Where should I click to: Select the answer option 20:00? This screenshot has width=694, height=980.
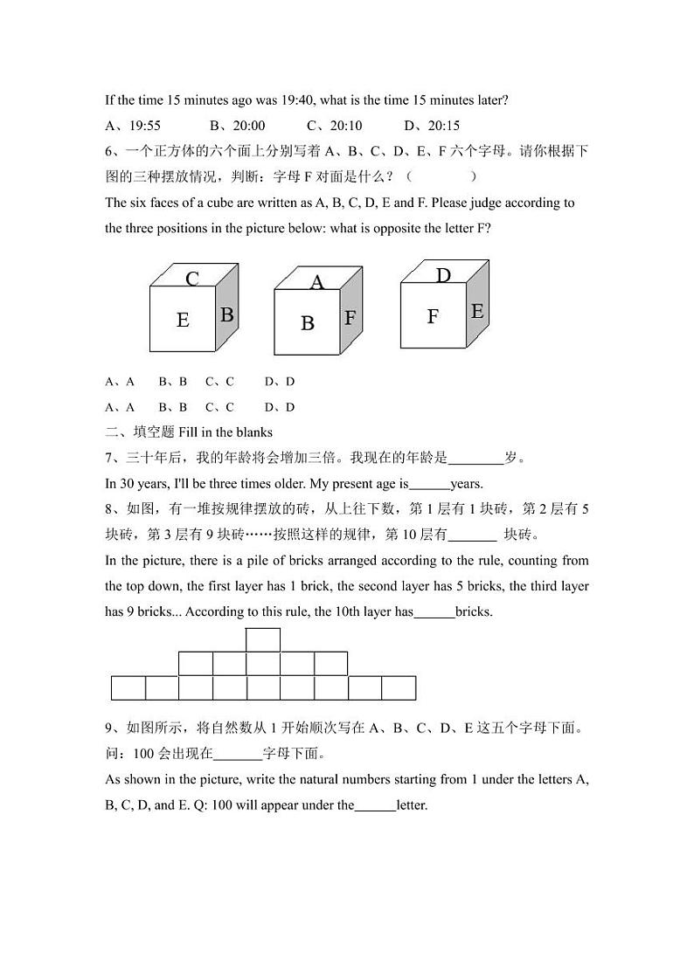click(247, 126)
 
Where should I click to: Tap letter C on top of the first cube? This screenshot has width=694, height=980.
click(192, 279)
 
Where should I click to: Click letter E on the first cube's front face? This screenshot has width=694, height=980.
click(183, 321)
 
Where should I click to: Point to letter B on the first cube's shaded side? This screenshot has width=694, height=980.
click(226, 315)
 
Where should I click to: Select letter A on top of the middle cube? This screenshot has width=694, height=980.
click(317, 282)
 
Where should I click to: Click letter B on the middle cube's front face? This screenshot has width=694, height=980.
click(308, 323)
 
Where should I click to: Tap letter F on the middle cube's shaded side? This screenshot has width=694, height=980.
click(350, 318)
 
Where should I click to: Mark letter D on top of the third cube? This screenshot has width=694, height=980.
click(443, 276)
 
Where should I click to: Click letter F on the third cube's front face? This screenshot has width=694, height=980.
click(433, 316)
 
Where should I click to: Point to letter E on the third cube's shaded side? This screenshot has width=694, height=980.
click(477, 312)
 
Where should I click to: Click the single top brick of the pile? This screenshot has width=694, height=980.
click(263, 639)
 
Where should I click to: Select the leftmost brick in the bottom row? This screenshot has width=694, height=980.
click(128, 688)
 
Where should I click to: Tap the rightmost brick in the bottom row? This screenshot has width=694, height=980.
click(399, 688)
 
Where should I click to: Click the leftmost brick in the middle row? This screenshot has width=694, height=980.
click(196, 664)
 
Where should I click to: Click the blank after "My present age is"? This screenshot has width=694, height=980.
click(429, 484)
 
